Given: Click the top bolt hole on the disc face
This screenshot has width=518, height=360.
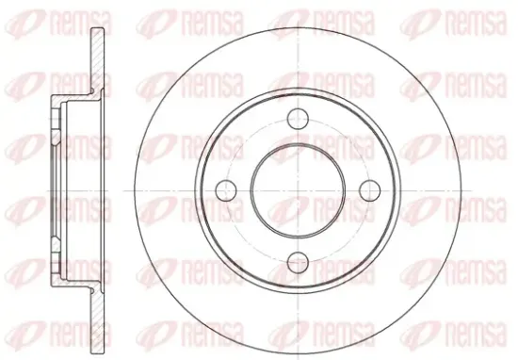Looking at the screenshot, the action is click(298, 119).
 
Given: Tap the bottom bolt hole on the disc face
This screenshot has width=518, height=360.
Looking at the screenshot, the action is click(298, 263).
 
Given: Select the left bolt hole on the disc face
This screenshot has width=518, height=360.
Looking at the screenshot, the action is click(226, 190).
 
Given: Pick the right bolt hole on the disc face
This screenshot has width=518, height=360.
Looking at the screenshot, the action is click(370, 190).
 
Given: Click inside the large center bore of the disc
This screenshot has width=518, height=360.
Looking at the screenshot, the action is click(298, 190).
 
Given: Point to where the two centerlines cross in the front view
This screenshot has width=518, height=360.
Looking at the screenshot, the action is click(298, 190).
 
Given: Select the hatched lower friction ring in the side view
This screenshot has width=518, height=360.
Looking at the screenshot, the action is click(97, 320).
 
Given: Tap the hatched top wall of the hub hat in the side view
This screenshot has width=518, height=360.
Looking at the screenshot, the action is click(75, 99).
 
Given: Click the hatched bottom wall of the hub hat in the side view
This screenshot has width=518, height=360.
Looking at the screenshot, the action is click(75, 283).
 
